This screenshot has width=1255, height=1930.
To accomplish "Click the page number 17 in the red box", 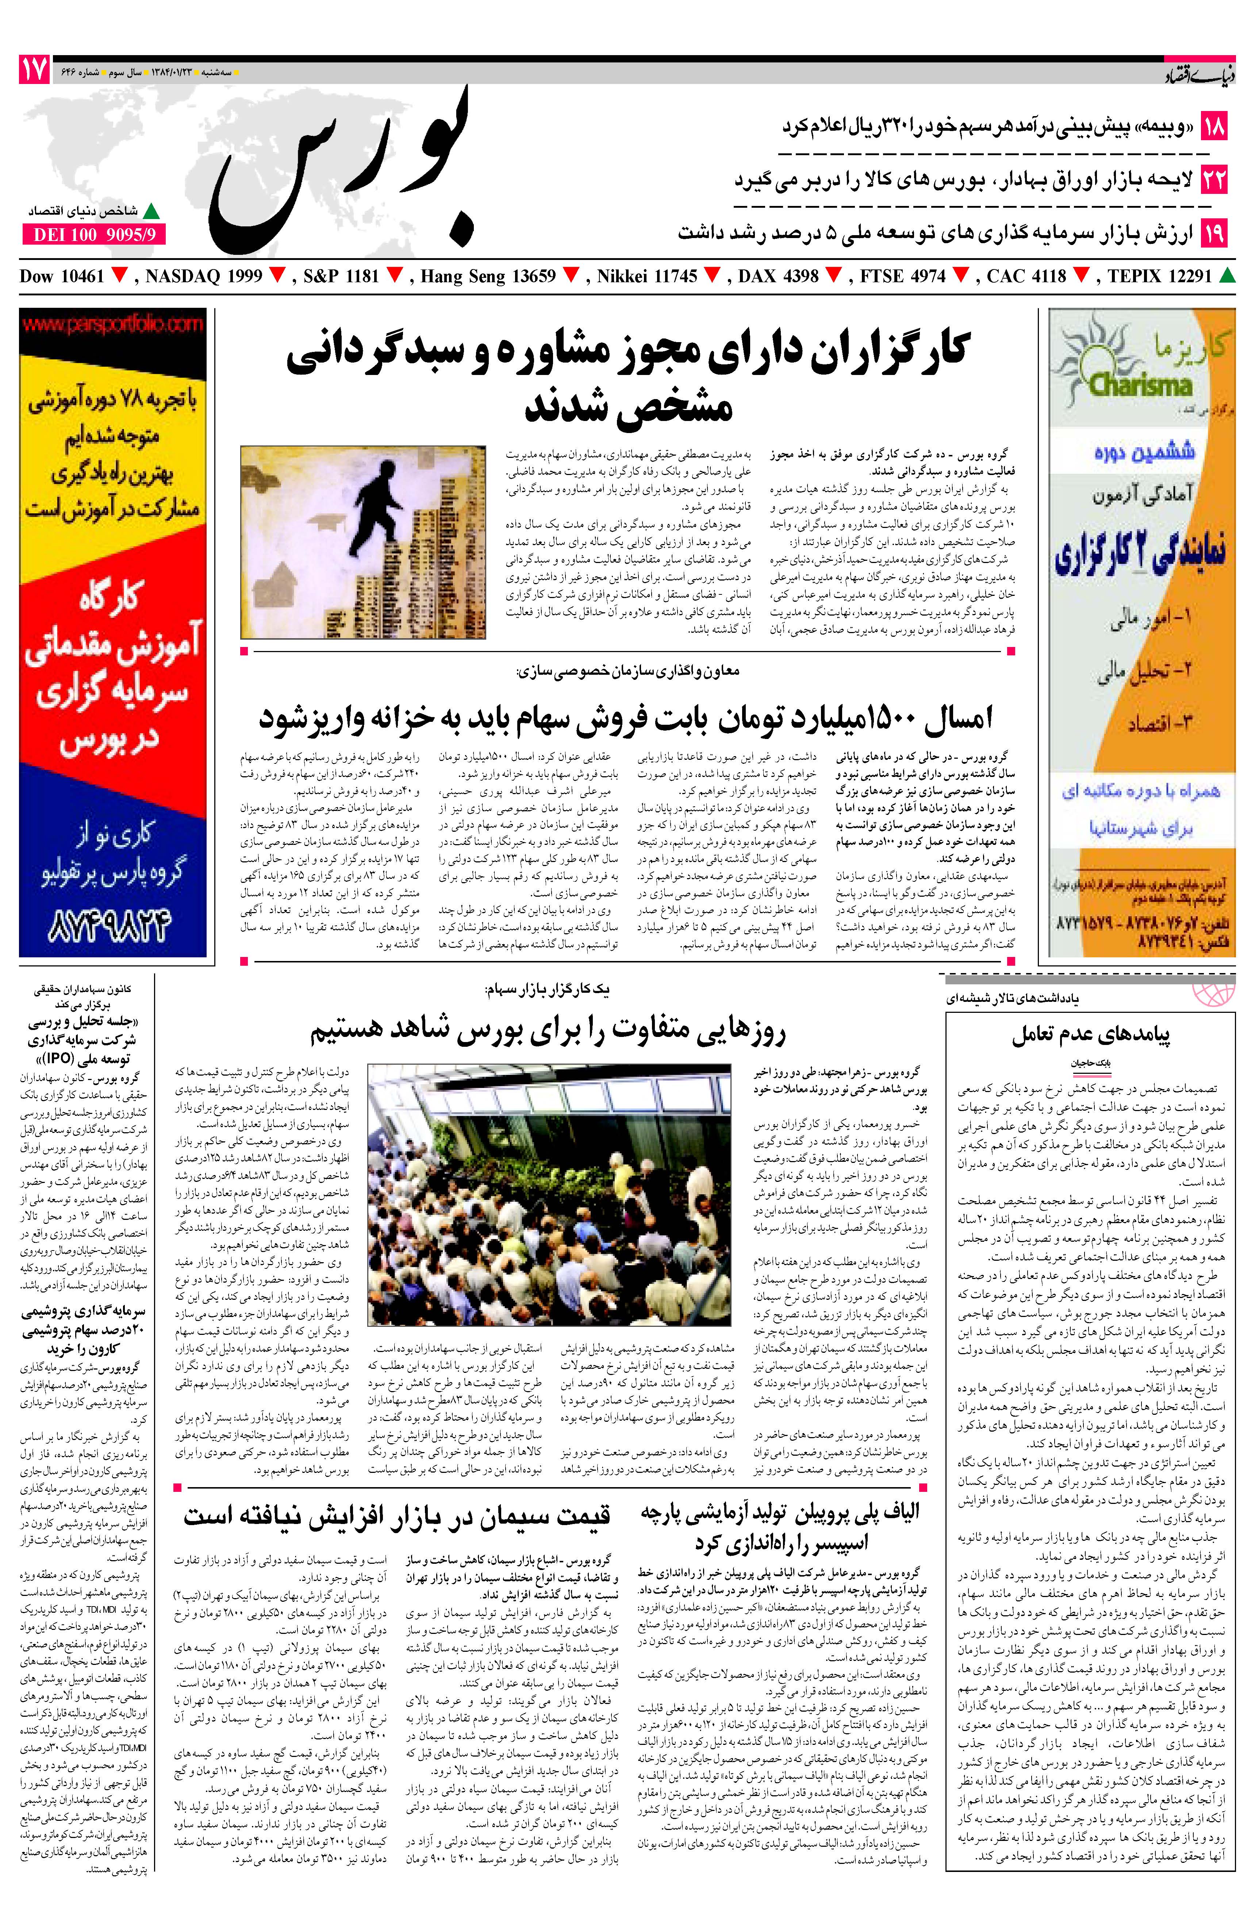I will pyautogui.click(x=34, y=71).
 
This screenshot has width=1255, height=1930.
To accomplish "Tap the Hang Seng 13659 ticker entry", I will pyautogui.click(x=488, y=276).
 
